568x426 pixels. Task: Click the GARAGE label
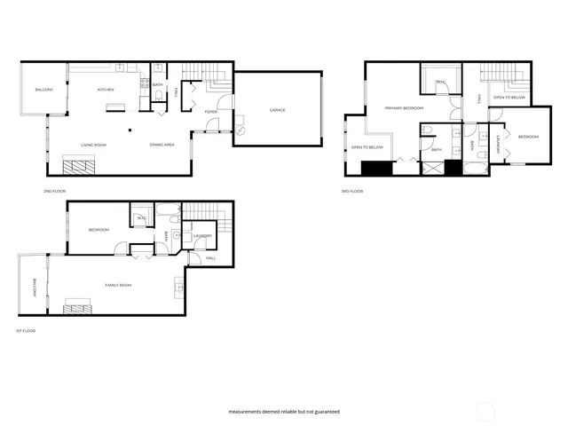coord(277,110)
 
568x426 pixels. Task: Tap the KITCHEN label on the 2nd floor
coord(106,90)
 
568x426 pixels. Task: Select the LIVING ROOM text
coord(93,145)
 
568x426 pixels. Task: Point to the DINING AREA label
coord(162,145)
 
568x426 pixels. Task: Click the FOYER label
coord(210,112)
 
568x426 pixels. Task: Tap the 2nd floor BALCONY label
coord(44,90)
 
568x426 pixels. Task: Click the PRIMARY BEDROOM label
coord(404,108)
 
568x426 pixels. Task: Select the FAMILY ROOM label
coord(118,285)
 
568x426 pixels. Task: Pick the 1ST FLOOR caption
coord(24,331)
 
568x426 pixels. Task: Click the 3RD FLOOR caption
coord(352,191)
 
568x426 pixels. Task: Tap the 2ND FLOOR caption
coord(55,191)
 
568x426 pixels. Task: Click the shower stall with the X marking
coord(409,168)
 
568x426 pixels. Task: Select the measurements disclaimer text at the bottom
coord(284,412)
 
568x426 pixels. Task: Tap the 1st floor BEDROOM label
coord(99,230)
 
